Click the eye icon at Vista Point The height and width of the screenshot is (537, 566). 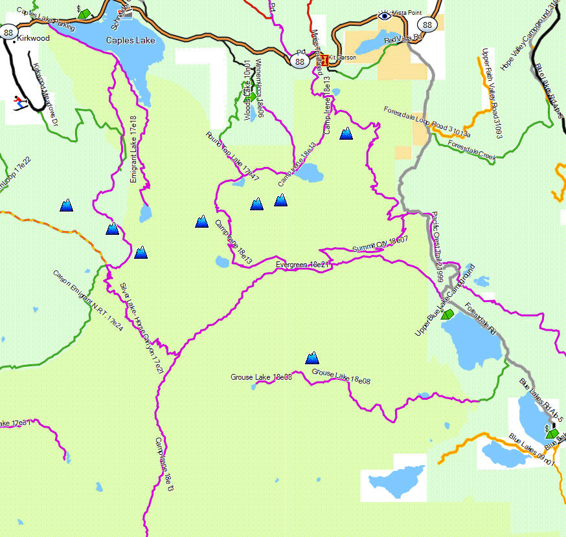point(385,15)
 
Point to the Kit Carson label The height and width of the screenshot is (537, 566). point(342,58)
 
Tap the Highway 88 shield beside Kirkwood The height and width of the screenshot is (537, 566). point(8,32)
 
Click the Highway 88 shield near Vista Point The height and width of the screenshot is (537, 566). point(425,25)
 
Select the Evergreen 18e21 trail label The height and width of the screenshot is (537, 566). point(303,265)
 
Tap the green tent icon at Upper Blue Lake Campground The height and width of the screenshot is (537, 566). point(446,313)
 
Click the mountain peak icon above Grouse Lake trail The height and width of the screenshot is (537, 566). point(312,358)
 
